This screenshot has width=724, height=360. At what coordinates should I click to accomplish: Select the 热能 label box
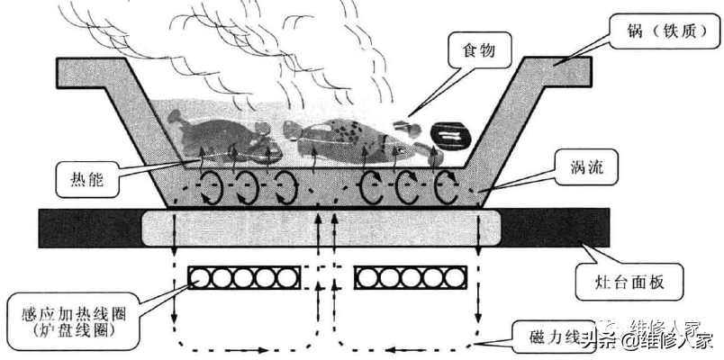pyautogui.click(x=86, y=179)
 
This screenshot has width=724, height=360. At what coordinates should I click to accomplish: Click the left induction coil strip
pyautogui.click(x=238, y=278)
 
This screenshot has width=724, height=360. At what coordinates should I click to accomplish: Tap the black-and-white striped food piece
pyautogui.click(x=449, y=136)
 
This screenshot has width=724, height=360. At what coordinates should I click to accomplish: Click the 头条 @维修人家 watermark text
pyautogui.click(x=648, y=340)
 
